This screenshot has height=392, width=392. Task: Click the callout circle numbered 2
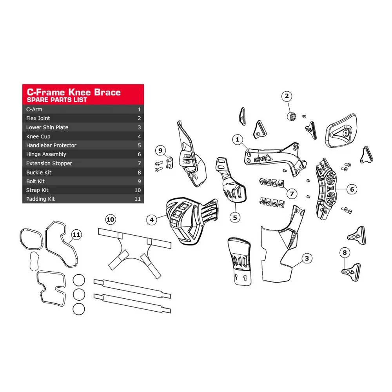pyautogui.click(x=287, y=96)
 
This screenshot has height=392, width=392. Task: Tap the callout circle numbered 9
pyautogui.click(x=160, y=151)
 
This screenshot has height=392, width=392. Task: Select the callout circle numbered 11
pyautogui.click(x=76, y=234)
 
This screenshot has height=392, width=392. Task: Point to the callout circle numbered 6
pyautogui.click(x=352, y=189)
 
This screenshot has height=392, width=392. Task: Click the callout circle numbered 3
pyautogui.click(x=307, y=258)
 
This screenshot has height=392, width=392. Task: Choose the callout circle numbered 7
pyautogui.click(x=292, y=194)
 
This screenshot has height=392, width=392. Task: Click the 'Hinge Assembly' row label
pyautogui.click(x=46, y=154)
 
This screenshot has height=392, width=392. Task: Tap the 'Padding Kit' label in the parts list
pyautogui.click(x=40, y=199)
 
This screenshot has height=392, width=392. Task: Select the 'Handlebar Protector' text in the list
pyautogui.click(x=51, y=145)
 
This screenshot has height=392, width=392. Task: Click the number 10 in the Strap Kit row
pyautogui.click(x=138, y=190)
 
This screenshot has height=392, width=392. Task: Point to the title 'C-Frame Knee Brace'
pyautogui.click(x=74, y=92)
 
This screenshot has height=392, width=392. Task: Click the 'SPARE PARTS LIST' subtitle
pyautogui.click(x=57, y=100)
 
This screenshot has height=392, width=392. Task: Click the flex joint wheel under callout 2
pyautogui.click(x=292, y=116)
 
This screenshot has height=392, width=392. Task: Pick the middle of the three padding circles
pyautogui.click(x=79, y=294)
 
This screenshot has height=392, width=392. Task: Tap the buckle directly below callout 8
pyautogui.click(x=351, y=272)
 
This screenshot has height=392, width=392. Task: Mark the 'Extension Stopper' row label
pyautogui.click(x=49, y=163)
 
